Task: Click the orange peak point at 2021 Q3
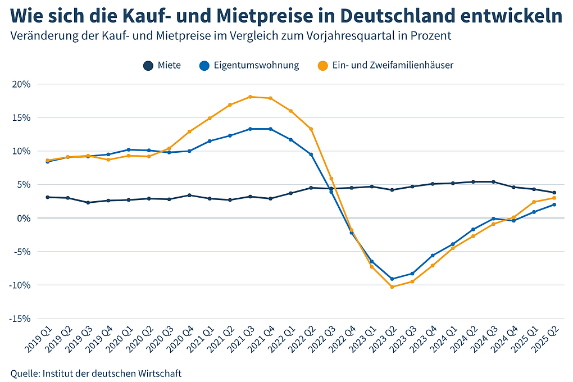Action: [x=250, y=97]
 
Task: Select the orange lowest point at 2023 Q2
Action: [x=392, y=287]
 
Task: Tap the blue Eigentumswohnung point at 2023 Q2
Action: [x=392, y=279]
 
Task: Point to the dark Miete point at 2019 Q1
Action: [x=48, y=197]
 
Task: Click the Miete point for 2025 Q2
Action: [x=554, y=193]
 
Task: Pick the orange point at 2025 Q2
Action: [x=554, y=198]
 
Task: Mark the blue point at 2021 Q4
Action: [x=271, y=129]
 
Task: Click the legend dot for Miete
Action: [x=148, y=65]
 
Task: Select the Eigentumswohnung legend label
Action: [x=256, y=65]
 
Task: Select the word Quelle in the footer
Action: [x=24, y=373]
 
